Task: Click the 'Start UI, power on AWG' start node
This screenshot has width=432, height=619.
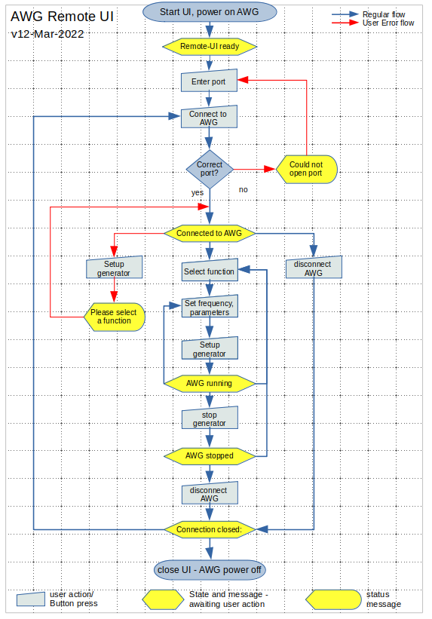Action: pyautogui.click(x=209, y=12)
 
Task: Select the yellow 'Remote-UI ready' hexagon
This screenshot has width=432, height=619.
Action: pyautogui.click(x=209, y=46)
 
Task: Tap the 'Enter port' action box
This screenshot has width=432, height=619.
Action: pyautogui.click(x=209, y=81)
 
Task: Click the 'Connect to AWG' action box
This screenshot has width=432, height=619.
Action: pyautogui.click(x=209, y=118)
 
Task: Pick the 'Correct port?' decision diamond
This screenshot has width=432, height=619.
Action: pyautogui.click(x=209, y=169)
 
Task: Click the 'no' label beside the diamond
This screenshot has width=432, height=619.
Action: pyautogui.click(x=243, y=189)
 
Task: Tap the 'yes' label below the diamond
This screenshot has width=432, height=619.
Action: pyautogui.click(x=198, y=193)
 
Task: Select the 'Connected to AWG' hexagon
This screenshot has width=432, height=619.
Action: pyautogui.click(x=209, y=233)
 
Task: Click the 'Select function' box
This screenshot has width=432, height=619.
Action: pyautogui.click(x=209, y=271)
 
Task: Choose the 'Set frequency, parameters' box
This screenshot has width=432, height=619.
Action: pyautogui.click(x=209, y=308)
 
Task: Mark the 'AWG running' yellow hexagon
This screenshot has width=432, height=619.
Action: pyautogui.click(x=209, y=384)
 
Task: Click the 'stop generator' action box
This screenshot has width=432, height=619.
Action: pyautogui.click(x=209, y=419)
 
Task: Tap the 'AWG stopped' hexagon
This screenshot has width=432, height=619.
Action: pyautogui.click(x=209, y=455)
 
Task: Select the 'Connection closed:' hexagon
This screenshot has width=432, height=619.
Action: pyautogui.click(x=209, y=530)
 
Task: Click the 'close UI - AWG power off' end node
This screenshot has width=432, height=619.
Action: pyautogui.click(x=209, y=569)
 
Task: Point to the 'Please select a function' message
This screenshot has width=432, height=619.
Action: pyautogui.click(x=113, y=317)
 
